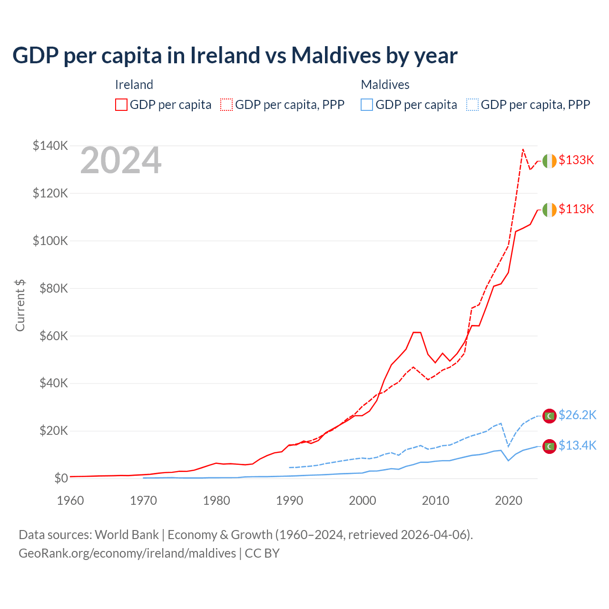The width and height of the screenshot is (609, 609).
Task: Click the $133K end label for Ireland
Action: pyautogui.click(x=576, y=160)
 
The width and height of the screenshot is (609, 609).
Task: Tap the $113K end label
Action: pyautogui.click(x=576, y=209)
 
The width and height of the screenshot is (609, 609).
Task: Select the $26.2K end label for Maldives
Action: pyautogui.click(x=577, y=415)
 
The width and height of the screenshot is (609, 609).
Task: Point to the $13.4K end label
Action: pyautogui.click(x=577, y=446)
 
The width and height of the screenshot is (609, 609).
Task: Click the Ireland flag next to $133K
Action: pyautogui.click(x=550, y=161)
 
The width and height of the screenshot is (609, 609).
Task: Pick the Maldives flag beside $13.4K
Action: pyautogui.click(x=550, y=446)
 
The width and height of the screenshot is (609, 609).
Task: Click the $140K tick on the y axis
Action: pyautogui.click(x=50, y=146)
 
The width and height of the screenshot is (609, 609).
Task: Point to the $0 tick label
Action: pyautogui.click(x=61, y=478)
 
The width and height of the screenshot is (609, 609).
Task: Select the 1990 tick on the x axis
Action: pyautogui.click(x=289, y=501)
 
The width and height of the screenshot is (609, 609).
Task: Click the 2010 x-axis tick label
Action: pyautogui.click(x=435, y=501)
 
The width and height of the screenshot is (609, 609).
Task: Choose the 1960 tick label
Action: pyautogui.click(x=70, y=501)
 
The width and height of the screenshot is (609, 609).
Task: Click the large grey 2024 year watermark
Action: pyautogui.click(x=121, y=161)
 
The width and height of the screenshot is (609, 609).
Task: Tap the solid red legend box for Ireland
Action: pyautogui.click(x=121, y=105)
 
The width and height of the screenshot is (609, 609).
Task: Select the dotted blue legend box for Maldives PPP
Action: pyautogui.click(x=472, y=105)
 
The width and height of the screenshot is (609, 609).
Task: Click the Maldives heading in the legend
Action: pyautogui.click(x=385, y=85)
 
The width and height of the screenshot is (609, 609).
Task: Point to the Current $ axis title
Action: pyautogui.click(x=20, y=305)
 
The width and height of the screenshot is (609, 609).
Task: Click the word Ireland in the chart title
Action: pyautogui.click(x=225, y=55)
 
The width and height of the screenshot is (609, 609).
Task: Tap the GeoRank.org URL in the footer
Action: pyautogui.click(x=128, y=553)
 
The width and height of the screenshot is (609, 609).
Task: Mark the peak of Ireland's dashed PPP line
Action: pyautogui.click(x=523, y=149)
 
